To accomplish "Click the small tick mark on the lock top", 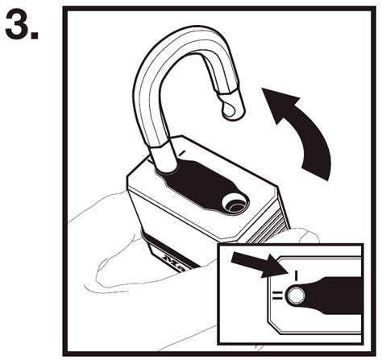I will coord(185,151).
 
